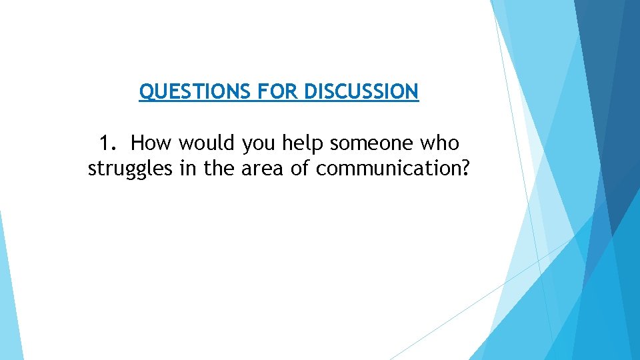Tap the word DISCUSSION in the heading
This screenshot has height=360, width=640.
click(x=361, y=91)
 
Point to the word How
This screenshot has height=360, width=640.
click(x=151, y=143)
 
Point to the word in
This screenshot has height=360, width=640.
click(x=188, y=169)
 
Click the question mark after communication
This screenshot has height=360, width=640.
click(x=465, y=169)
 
